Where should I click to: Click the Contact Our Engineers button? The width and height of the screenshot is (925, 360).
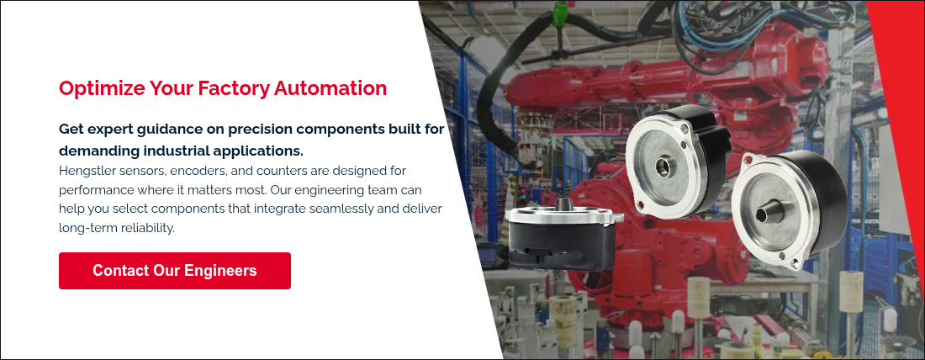[175, 271]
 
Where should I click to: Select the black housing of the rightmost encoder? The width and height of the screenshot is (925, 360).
[825, 193]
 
